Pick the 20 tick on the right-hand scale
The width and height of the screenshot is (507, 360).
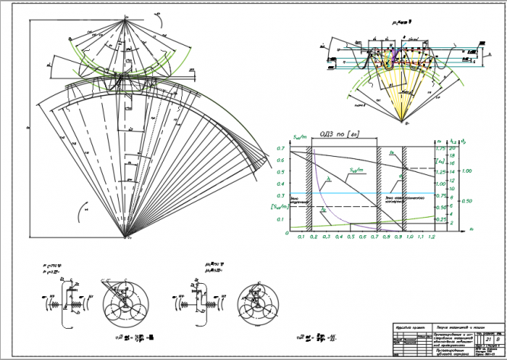point(454,142)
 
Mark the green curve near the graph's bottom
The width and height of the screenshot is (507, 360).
point(358,224)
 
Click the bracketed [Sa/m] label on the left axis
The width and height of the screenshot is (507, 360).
point(279,207)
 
